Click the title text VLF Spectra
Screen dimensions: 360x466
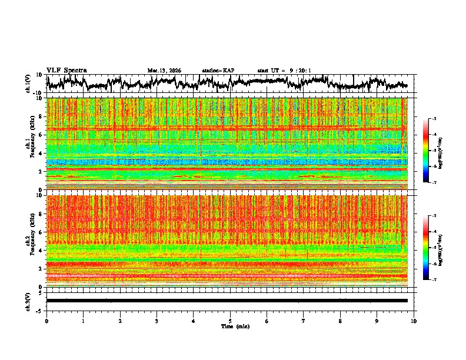pos(66,71)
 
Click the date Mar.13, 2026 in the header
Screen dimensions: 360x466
pos(164,71)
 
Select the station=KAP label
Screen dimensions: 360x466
pos(218,71)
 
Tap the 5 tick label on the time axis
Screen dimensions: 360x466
pos(230,321)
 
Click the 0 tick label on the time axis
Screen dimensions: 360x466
pos(46,321)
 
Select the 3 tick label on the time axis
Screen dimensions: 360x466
pos(157,321)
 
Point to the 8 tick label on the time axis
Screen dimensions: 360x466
pos(340,321)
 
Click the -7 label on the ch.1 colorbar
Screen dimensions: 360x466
pos(434,182)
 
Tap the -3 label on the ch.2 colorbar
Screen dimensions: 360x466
pos(434,216)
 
